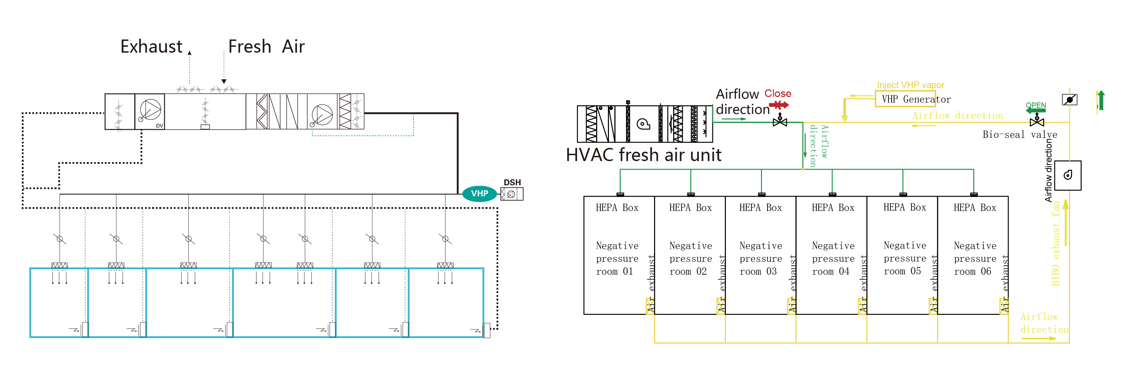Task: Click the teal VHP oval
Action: (480, 194)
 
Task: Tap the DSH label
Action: (512, 182)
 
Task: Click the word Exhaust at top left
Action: (151, 46)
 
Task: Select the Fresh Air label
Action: (266, 46)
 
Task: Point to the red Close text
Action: (778, 94)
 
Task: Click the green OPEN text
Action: (1036, 105)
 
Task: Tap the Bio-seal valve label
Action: (1020, 135)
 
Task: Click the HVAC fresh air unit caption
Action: (644, 155)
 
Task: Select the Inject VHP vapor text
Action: (910, 85)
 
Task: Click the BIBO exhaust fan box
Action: (1068, 175)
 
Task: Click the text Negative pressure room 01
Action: (617, 258)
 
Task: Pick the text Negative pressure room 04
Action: (833, 258)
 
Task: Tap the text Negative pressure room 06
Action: (975, 258)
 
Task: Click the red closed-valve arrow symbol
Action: (779, 105)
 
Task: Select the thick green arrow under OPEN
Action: (1035, 110)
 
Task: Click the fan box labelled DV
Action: (150, 112)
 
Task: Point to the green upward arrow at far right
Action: (1101, 100)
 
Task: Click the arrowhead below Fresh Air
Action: (224, 81)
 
